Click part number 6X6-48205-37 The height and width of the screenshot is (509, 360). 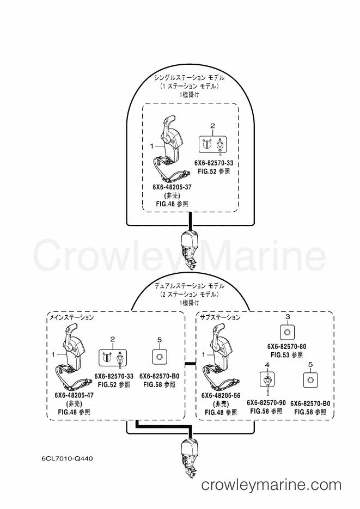click(x=172, y=187)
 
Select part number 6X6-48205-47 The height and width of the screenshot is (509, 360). click(x=74, y=395)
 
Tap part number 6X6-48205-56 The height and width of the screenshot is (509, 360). click(x=221, y=396)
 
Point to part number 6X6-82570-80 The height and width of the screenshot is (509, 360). click(x=286, y=347)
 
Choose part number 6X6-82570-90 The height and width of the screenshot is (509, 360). click(x=266, y=403)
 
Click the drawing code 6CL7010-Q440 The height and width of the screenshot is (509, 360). click(x=67, y=459)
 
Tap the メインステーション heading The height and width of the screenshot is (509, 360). click(x=71, y=317)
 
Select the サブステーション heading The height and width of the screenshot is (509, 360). click(x=221, y=317)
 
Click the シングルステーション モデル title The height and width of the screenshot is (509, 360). click(x=189, y=78)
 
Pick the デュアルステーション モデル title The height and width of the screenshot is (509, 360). click(x=189, y=286)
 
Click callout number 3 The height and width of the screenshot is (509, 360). click(x=287, y=316)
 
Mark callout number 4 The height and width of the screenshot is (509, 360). click(x=267, y=365)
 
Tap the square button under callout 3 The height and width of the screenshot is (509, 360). click(x=287, y=332)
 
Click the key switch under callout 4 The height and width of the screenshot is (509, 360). click(x=267, y=380)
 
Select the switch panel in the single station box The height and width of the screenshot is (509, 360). click(x=213, y=144)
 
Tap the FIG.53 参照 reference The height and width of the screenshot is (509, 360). click(x=286, y=355)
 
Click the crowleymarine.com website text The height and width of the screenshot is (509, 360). click(x=271, y=485)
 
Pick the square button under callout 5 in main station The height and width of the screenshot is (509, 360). click(x=159, y=357)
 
